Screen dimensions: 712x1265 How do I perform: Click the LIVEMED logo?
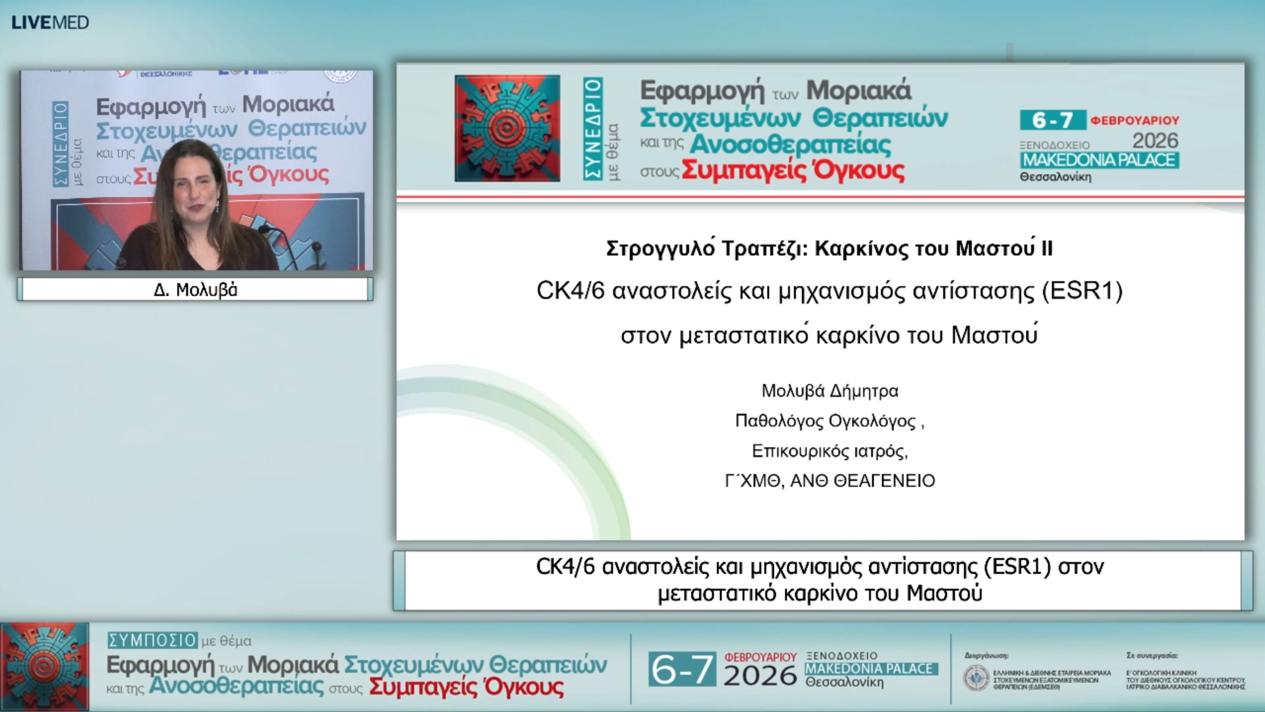pyautogui.click(x=50, y=22)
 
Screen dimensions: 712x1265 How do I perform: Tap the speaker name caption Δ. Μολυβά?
pyautogui.click(x=195, y=290)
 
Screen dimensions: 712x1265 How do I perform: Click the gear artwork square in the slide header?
pyautogui.click(x=507, y=129)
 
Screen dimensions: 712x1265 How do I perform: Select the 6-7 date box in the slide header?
pyautogui.click(x=1052, y=120)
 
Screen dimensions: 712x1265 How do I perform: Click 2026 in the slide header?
pyautogui.click(x=1154, y=140)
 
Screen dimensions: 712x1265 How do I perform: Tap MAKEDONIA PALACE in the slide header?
pyautogui.click(x=1099, y=160)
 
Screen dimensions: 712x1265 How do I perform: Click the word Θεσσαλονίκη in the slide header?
pyautogui.click(x=1055, y=177)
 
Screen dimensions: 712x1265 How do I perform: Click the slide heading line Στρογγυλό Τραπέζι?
pyautogui.click(x=829, y=249)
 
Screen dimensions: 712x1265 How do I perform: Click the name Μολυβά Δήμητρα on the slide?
pyautogui.click(x=829, y=391)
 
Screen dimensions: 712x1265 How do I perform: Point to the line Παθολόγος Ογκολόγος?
pyautogui.click(x=825, y=421)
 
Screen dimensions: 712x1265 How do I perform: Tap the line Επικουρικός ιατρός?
pyautogui.click(x=829, y=451)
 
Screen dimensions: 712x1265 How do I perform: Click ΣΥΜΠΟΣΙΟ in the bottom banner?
pyautogui.click(x=152, y=640)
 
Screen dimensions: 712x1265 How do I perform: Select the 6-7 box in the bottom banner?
pyautogui.click(x=681, y=670)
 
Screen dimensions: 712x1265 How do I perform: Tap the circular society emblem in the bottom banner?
pyautogui.click(x=976, y=678)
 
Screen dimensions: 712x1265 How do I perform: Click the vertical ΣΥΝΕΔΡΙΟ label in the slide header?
pyautogui.click(x=593, y=129)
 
